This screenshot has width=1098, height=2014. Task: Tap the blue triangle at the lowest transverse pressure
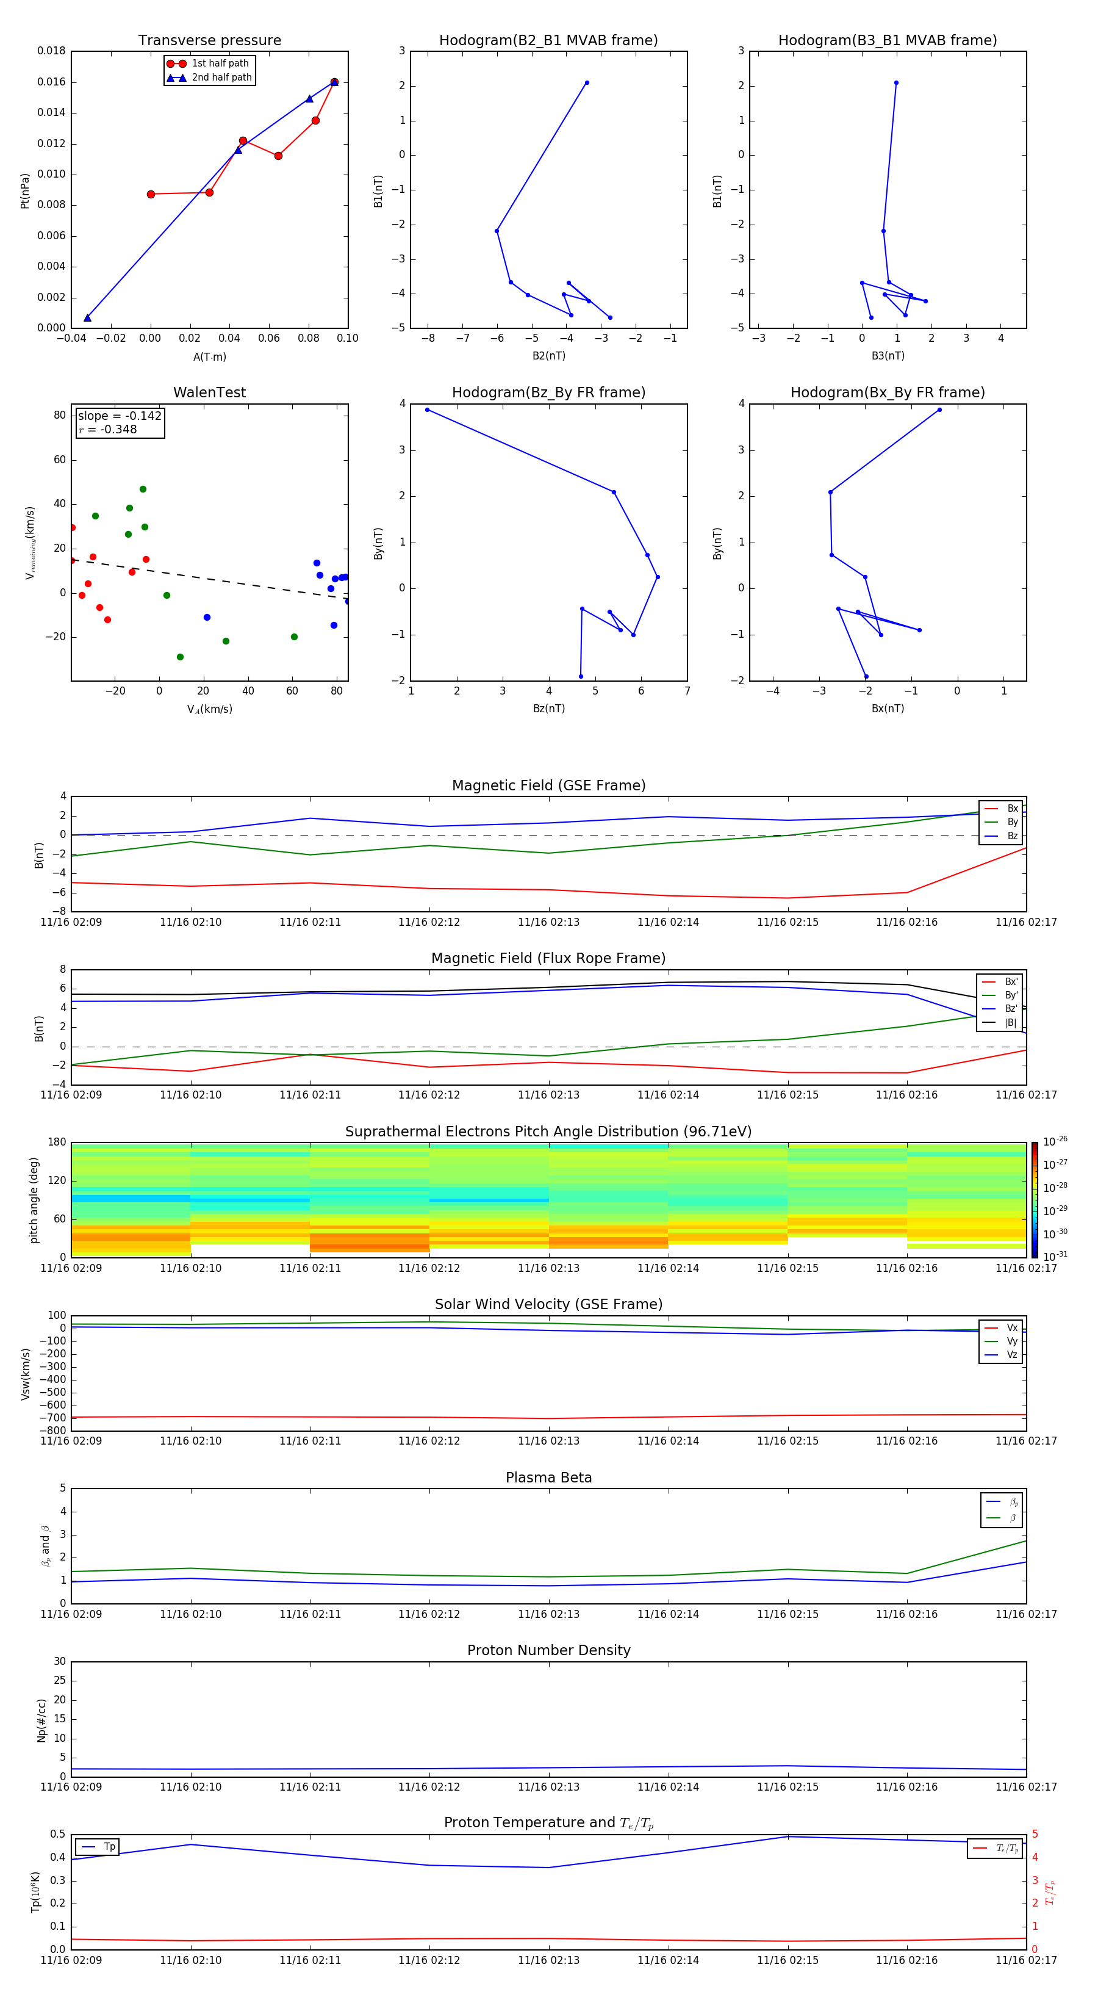[87, 317]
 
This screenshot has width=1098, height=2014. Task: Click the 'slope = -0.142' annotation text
[120, 416]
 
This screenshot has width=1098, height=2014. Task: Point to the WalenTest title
[209, 392]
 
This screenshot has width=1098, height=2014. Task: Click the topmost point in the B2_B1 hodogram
[587, 83]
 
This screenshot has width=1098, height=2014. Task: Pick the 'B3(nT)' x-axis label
[888, 356]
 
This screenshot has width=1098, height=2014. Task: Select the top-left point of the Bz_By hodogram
[428, 410]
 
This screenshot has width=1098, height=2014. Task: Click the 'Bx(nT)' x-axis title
[888, 709]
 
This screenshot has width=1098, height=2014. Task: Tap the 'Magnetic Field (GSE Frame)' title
[548, 785]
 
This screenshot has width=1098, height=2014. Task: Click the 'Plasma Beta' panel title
[548, 1478]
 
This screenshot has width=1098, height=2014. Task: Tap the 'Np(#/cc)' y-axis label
[42, 1720]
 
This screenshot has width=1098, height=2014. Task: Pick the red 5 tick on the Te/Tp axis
[1036, 1834]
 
